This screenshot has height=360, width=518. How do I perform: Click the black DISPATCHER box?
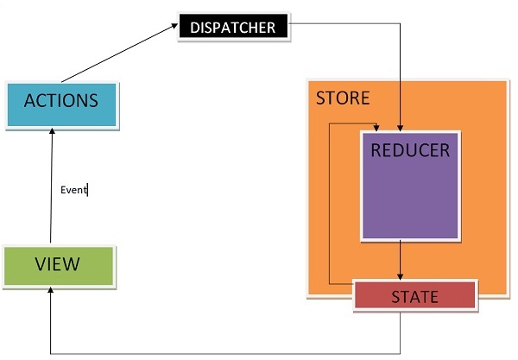tap(234, 27)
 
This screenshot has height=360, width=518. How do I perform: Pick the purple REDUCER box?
tap(410, 185)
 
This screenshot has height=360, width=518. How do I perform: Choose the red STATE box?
tap(414, 295)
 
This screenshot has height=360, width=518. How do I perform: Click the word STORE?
tap(342, 98)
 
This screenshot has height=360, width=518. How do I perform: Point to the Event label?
tap(74, 190)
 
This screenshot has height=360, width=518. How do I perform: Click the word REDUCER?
tap(410, 150)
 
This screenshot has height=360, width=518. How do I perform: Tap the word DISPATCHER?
tap(233, 28)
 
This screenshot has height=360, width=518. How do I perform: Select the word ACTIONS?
tap(60, 100)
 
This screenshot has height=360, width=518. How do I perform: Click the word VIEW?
tap(58, 265)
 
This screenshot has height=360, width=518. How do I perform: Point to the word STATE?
tap(414, 297)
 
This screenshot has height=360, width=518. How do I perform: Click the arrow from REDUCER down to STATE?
tap(401, 259)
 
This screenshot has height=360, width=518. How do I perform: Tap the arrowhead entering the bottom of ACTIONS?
tap(53, 131)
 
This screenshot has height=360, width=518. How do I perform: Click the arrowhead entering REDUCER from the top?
tap(400, 125)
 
